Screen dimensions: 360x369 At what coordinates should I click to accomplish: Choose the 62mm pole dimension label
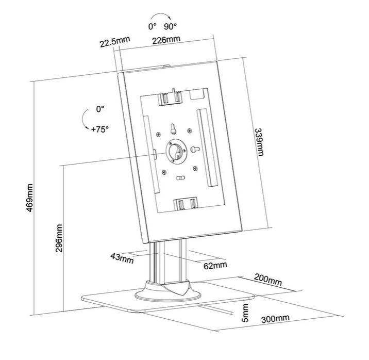tap(212, 265)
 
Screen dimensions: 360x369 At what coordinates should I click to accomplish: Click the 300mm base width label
tap(275, 319)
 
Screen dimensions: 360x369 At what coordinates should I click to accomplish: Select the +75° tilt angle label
tap(99, 129)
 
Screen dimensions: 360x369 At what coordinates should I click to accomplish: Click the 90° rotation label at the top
tap(171, 26)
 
